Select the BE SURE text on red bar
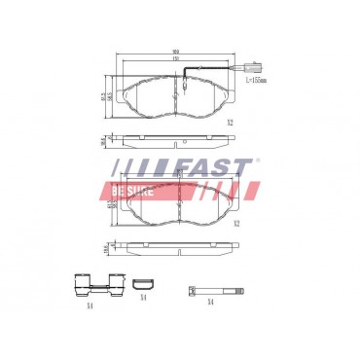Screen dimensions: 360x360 pos(133,192)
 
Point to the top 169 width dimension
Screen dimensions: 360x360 pos(175,52)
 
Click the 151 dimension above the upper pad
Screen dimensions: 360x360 pos(175,59)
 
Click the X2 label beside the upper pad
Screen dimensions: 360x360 pos(230,122)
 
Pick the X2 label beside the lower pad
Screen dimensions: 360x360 pos(235,223)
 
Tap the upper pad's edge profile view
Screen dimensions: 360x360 pos(175,140)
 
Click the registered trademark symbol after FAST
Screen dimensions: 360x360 pos(257,160)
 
